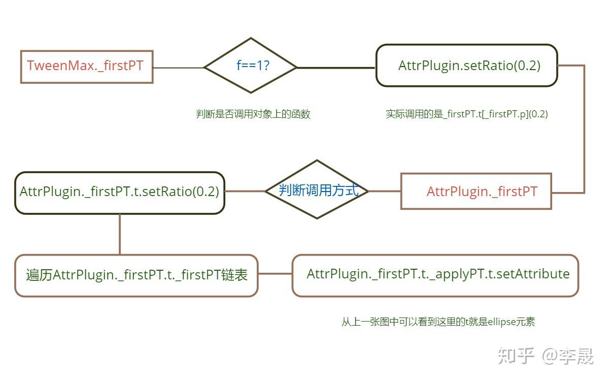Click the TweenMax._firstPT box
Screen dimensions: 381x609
(86, 67)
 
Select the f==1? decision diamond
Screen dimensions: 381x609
(250, 66)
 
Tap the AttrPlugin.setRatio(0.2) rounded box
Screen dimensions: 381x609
(466, 66)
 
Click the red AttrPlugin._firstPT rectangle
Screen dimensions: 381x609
(476, 192)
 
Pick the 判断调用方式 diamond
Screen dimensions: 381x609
(317, 190)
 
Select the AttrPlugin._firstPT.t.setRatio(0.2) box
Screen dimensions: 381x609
(119, 192)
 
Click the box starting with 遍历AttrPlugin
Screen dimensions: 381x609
(136, 275)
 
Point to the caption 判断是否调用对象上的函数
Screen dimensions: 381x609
(253, 114)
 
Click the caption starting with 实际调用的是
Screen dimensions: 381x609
(466, 114)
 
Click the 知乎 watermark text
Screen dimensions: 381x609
(516, 356)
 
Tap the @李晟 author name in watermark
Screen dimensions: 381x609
(567, 356)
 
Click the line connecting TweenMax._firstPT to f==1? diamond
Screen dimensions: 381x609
(178, 68)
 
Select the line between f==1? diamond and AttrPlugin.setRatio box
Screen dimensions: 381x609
(336, 68)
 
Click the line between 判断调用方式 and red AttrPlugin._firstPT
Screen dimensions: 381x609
(384, 192)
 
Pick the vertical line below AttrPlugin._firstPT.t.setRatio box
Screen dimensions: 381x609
(120, 234)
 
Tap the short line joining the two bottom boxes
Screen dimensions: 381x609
(275, 274)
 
